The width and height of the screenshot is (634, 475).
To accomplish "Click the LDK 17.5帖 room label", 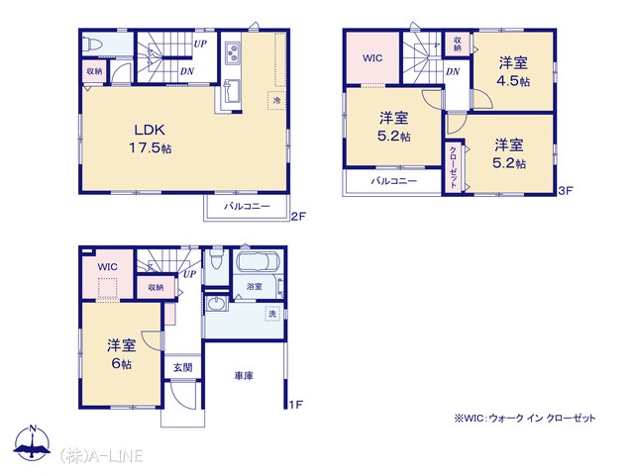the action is pos(151,139).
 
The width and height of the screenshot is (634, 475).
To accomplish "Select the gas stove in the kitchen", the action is pos(233,53).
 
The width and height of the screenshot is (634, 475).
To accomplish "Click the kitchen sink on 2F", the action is pos(232,91).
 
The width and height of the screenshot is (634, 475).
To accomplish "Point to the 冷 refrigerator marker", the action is pos(276,100).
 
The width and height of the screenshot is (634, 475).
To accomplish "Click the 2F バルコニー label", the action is pos(247,207).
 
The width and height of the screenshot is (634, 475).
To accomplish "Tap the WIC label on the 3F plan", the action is pos(372,58).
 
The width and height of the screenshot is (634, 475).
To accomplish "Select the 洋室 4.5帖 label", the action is pos(513,72).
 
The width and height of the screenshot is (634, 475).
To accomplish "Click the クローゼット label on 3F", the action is pos(454,166).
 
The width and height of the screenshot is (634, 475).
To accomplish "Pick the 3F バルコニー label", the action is pos(394,181).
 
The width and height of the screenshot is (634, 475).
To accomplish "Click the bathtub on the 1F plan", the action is pos(258,261).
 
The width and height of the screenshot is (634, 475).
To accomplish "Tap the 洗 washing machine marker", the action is pos(273,314).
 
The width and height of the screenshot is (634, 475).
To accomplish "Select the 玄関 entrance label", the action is pos(182,367).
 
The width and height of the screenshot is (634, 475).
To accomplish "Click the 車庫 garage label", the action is pos(244,376).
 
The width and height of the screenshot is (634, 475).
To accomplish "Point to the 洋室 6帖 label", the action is pos(121,354).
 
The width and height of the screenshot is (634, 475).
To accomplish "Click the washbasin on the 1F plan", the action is pos(217,304).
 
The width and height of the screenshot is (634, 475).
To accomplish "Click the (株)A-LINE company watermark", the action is pos(101,456).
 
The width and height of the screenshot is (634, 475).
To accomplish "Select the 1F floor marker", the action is pos(296,405).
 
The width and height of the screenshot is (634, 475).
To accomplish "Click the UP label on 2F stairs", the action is pos(200,44).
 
